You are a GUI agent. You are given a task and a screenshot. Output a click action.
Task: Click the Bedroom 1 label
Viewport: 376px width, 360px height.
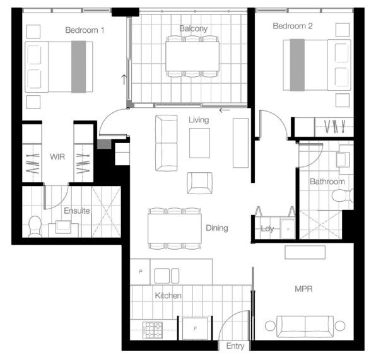pyautogui.click(x=85, y=30)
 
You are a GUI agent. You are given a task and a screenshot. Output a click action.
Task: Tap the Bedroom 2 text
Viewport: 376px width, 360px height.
pyautogui.click(x=293, y=26)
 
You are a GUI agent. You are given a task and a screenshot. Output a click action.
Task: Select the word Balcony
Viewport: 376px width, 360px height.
pyautogui.click(x=193, y=28)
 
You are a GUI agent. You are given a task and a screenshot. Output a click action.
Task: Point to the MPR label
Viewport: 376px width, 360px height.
pyautogui.click(x=303, y=289)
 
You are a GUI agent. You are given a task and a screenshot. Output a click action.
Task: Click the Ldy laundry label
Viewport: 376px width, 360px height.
pyautogui.click(x=267, y=229)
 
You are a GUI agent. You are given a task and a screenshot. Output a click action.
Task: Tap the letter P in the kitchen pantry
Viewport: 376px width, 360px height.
pyautogui.click(x=141, y=272)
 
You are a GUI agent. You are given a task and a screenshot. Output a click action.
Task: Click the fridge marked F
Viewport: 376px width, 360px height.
pyautogui.click(x=195, y=329)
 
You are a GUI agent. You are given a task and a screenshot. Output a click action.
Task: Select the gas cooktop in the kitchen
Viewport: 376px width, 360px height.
pyautogui.click(x=153, y=330)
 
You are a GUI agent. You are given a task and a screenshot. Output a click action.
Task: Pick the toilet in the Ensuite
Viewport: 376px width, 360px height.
pyautogui.click(x=35, y=226)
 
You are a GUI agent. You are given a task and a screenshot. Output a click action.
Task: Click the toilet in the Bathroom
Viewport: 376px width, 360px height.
pyautogui.click(x=343, y=195)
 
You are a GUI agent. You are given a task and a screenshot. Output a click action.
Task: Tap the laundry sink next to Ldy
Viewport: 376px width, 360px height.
pyautogui.click(x=288, y=229)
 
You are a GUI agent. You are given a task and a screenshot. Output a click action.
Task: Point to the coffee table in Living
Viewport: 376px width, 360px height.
pyautogui.click(x=199, y=143)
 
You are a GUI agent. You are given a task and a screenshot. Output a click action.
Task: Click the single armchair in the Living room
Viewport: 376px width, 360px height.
pyautogui.click(x=199, y=183)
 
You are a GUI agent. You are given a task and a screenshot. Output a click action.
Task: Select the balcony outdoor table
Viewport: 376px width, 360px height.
pyautogui.click(x=192, y=56)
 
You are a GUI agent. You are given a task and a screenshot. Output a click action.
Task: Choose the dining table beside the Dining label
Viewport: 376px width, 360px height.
pyautogui.click(x=175, y=229)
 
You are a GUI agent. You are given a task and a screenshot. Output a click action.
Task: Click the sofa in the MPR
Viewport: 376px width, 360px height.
pyautogui.click(x=305, y=327)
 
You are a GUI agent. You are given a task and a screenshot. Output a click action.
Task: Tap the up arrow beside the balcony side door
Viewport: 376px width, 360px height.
pyautogui.click(x=124, y=79)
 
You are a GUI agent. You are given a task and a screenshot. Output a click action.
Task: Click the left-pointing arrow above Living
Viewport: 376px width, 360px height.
pyautogui.click(x=225, y=110)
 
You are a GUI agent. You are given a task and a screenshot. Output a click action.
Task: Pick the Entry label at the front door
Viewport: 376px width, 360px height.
pyautogui.click(x=235, y=346)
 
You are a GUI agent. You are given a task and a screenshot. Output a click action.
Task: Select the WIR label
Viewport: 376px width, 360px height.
pyautogui.click(x=57, y=157)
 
